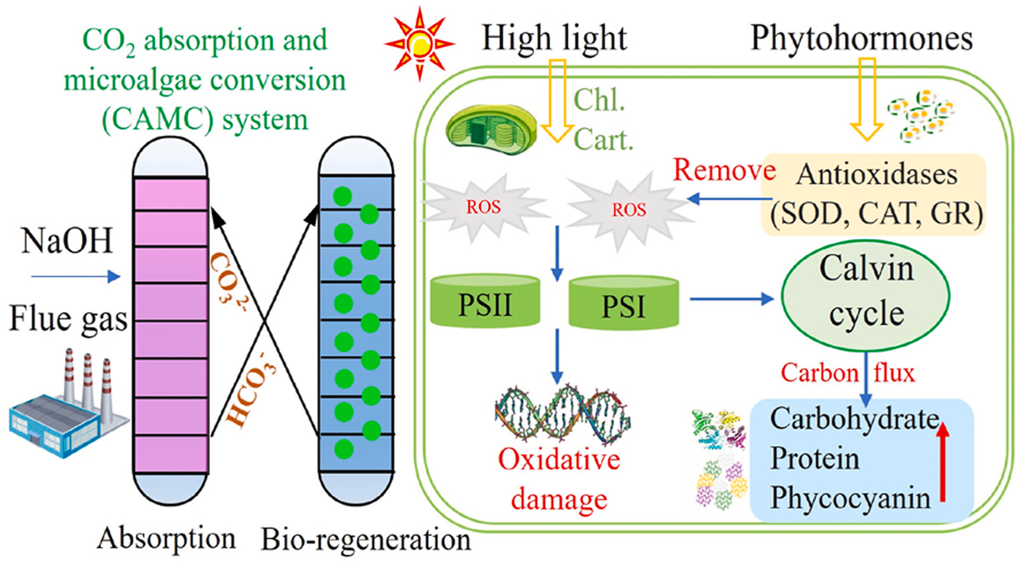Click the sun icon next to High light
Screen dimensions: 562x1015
click(419, 43)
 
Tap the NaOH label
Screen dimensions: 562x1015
click(67, 241)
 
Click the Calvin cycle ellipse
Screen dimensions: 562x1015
click(865, 295)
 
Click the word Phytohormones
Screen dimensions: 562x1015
click(861, 38)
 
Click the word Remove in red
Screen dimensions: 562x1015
click(724, 170)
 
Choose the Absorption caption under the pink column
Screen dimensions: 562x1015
click(166, 538)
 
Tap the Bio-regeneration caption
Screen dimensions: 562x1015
click(366, 540)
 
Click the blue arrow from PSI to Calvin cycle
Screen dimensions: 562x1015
click(730, 298)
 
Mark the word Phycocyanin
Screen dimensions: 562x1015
click(850, 498)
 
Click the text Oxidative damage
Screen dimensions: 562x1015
click(559, 479)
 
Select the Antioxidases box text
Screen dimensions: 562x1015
click(876, 194)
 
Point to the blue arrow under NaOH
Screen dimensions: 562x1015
click(76, 277)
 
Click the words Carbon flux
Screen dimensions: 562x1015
click(847, 373)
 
